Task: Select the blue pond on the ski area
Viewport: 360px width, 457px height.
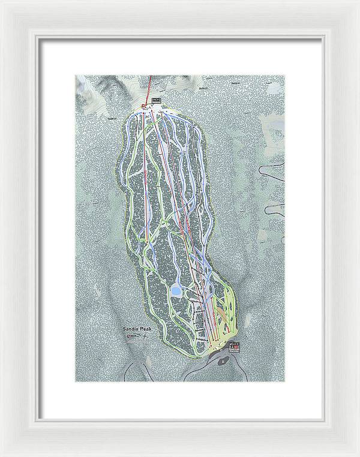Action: (176, 292)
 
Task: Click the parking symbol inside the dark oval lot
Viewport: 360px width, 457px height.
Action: (223, 361)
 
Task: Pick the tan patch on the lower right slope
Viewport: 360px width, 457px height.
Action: (223, 312)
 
